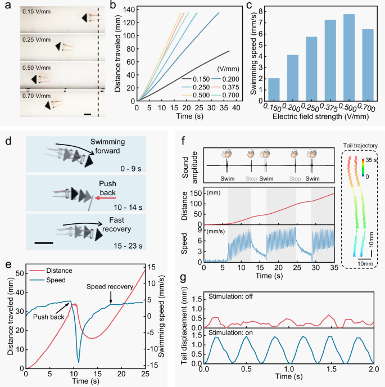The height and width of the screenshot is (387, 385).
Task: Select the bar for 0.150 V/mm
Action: point(274,89)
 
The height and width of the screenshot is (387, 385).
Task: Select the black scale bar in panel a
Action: point(88,114)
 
